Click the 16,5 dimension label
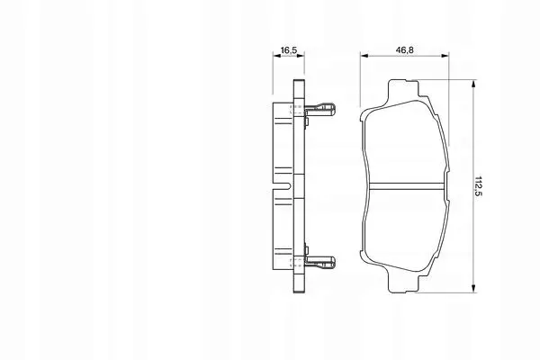[289, 50]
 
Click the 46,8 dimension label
[404, 50]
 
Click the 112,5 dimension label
[479, 186]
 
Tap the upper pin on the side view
[319, 109]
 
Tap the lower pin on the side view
[319, 263]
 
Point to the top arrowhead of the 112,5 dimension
[474, 84]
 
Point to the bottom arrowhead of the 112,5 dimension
[474, 289]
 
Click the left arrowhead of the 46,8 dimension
[364, 55]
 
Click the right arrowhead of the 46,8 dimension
[445, 55]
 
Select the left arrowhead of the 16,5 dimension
[276, 55]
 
